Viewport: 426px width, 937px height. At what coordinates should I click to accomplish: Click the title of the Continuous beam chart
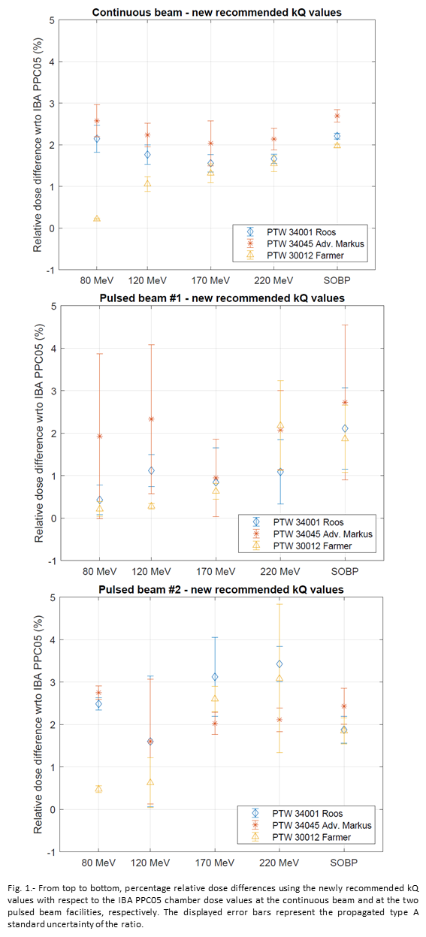216,13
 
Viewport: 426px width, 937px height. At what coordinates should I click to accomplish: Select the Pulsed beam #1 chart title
222,298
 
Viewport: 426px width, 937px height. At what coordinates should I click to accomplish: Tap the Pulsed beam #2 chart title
221,590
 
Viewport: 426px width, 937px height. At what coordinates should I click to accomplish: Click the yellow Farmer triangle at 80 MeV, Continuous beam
97,219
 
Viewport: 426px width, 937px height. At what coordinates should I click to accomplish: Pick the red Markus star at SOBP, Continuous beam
337,116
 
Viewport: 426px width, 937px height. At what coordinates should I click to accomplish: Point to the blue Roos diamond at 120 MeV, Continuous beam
147,154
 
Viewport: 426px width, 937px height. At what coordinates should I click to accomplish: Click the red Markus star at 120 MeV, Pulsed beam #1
151,419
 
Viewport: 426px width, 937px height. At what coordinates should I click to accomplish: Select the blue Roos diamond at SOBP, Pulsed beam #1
345,428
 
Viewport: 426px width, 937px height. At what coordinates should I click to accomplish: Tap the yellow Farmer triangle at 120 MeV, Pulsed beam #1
151,506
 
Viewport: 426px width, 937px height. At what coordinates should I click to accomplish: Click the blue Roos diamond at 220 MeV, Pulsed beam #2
279,663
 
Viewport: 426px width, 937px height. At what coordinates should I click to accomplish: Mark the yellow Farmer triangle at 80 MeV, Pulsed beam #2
98,789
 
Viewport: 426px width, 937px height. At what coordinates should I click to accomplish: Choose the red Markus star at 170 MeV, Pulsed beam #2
215,724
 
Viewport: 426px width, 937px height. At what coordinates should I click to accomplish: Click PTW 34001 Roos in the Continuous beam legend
301,232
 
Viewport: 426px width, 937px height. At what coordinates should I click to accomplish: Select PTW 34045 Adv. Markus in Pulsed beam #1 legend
323,534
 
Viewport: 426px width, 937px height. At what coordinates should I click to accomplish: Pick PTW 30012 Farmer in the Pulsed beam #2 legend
312,837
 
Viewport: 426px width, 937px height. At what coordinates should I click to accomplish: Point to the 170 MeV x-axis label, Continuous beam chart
210,281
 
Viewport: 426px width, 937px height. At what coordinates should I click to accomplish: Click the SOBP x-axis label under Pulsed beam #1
345,571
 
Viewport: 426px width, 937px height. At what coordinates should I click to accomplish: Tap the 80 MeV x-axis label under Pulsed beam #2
98,863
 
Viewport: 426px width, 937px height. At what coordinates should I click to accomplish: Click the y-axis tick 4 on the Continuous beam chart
52,62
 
